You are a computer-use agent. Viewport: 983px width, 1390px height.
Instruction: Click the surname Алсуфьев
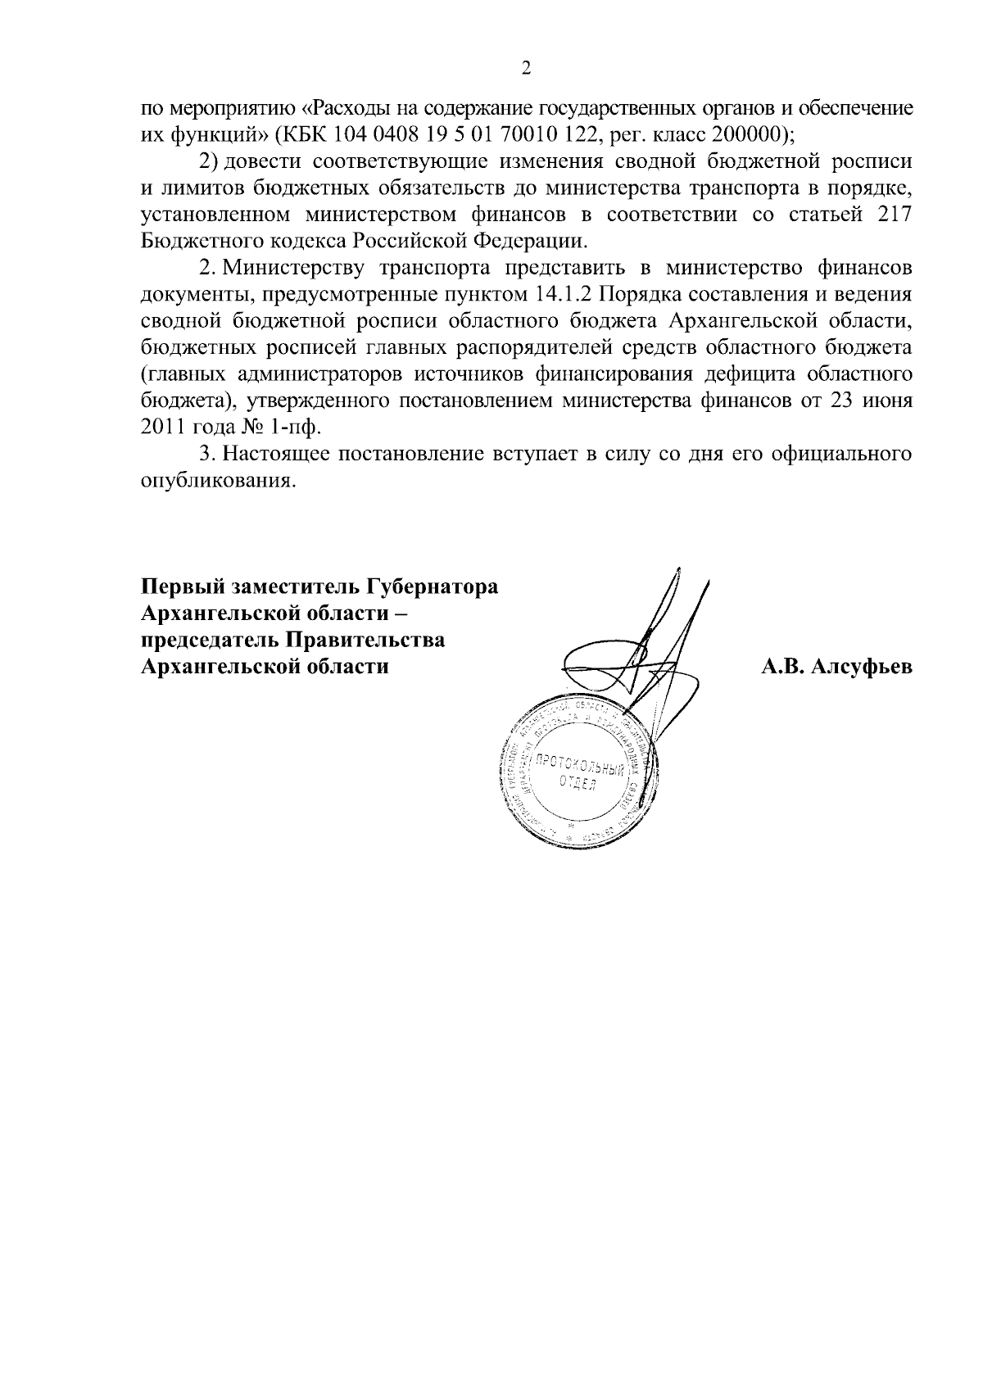pyautogui.click(x=862, y=667)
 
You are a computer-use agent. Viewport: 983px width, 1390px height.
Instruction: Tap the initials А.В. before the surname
pyautogui.click(x=785, y=667)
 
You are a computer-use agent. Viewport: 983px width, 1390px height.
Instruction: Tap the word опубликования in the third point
pyautogui.click(x=216, y=481)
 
